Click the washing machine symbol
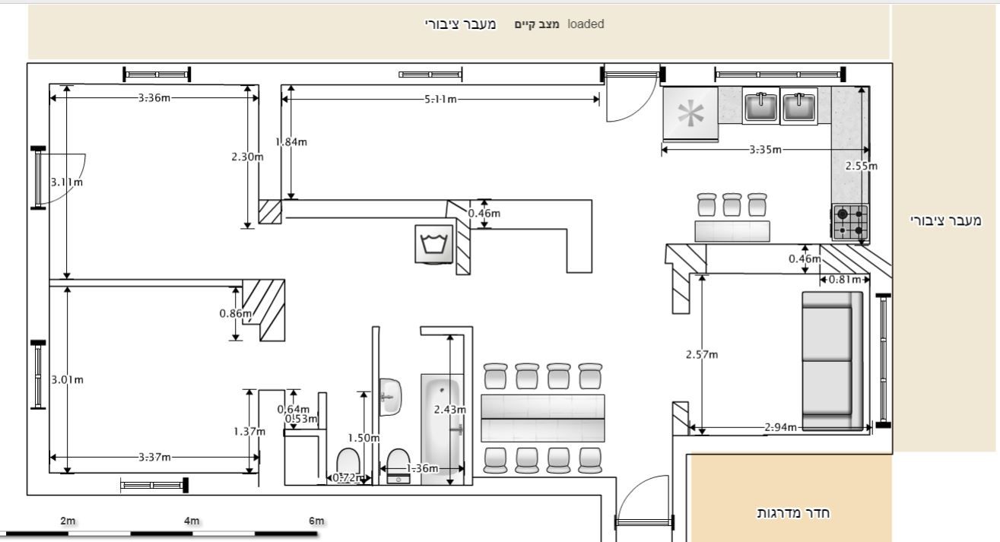434,244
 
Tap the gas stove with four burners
850,222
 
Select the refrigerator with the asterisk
690,113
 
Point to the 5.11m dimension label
440,99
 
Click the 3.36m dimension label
154,98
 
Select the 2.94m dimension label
780,427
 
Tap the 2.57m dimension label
702,355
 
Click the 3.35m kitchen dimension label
765,150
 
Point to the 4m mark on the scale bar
192,521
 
